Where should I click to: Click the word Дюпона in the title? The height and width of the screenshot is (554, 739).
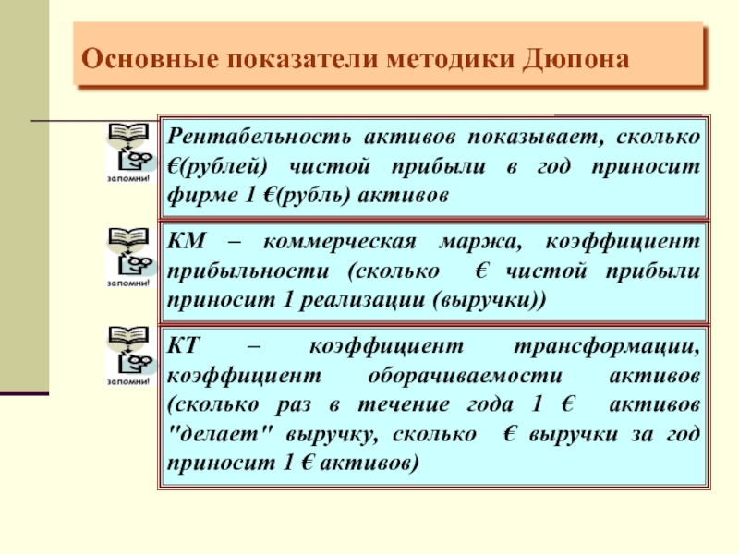pyautogui.click(x=575, y=59)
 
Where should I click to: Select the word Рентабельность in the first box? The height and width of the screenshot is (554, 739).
pyautogui.click(x=260, y=136)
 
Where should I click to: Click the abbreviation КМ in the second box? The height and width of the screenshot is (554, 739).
pyautogui.click(x=187, y=241)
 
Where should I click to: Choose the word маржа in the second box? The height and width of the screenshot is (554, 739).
pyautogui.click(x=480, y=242)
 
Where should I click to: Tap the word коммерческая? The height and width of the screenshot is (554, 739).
pyautogui.click(x=340, y=242)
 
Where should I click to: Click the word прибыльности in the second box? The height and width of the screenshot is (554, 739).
pyautogui.click(x=248, y=271)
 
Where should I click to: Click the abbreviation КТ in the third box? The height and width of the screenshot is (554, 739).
pyautogui.click(x=184, y=345)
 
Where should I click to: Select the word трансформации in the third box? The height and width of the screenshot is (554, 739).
pyautogui.click(x=607, y=346)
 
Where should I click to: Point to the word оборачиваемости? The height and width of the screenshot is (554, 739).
pyautogui.click(x=465, y=376)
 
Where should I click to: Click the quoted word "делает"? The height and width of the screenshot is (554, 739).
pyautogui.click(x=220, y=433)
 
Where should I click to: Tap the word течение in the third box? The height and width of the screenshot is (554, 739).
pyautogui.click(x=404, y=404)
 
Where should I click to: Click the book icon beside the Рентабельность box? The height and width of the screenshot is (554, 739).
pyautogui.click(x=129, y=132)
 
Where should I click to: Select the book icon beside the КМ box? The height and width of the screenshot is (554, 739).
pyautogui.click(x=129, y=237)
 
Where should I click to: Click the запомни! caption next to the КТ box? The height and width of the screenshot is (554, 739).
pyautogui.click(x=128, y=381)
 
